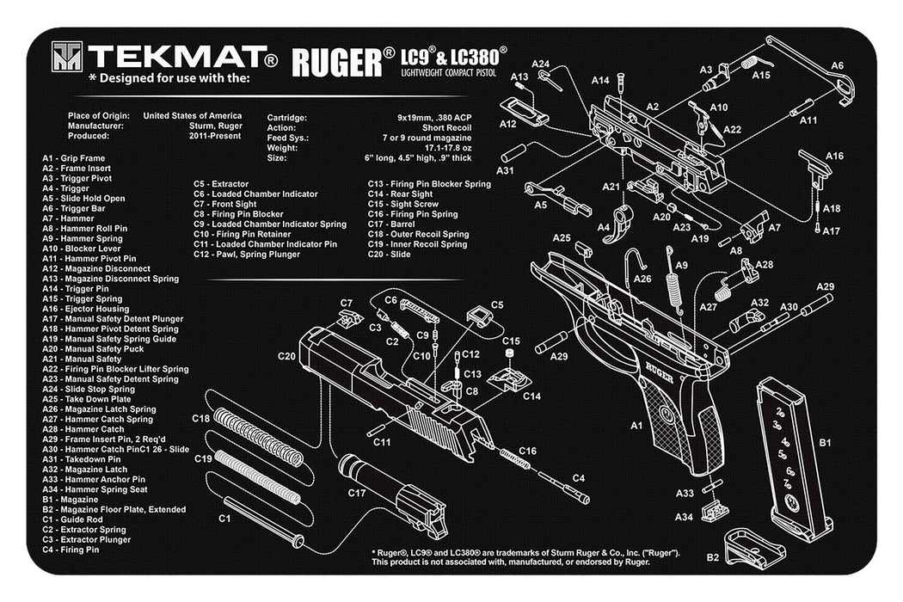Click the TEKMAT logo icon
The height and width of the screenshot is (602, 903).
pos(66,57)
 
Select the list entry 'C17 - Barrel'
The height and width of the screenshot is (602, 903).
pos(394,224)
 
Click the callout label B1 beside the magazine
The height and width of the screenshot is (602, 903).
pos(824,444)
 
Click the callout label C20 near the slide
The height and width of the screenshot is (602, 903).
pos(286,355)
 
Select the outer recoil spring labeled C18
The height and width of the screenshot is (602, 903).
pos(257,438)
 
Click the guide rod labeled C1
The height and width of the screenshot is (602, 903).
pos(261,520)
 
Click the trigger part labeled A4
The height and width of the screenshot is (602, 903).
pos(622,221)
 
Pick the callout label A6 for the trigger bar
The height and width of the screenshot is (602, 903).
pos(837,66)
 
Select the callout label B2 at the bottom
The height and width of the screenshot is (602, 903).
pos(713,557)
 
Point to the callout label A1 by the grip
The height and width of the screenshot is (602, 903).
pos(636,425)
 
